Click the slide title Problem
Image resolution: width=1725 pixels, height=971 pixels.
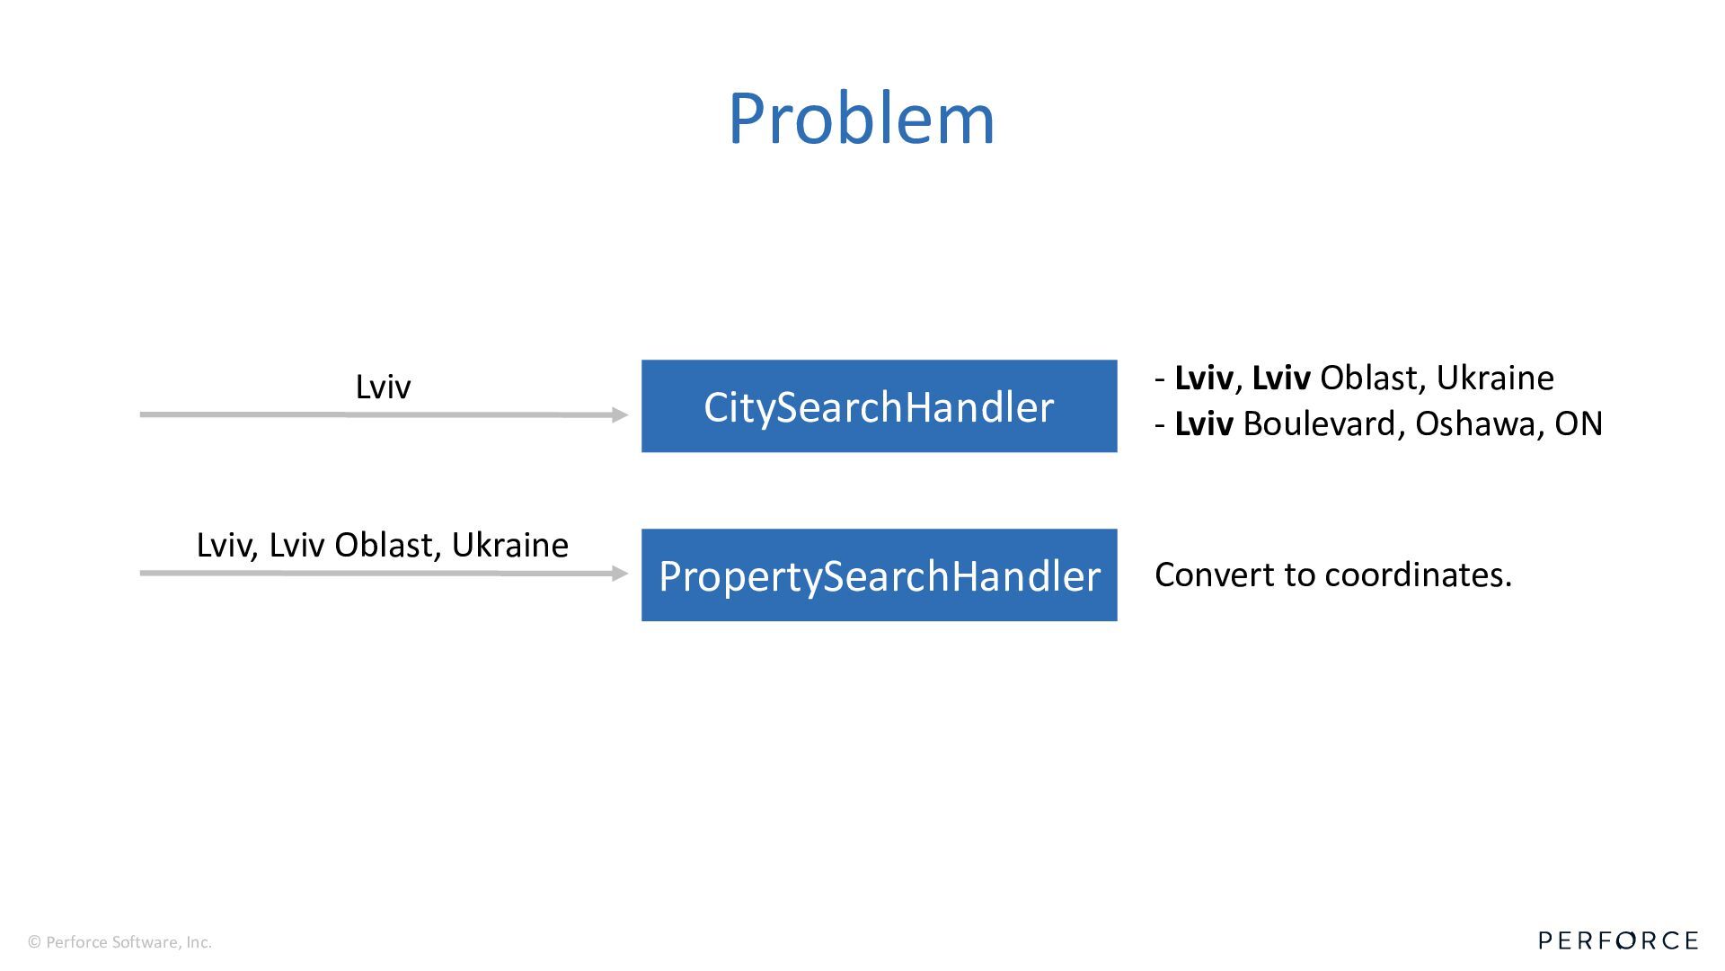pyautogui.click(x=861, y=119)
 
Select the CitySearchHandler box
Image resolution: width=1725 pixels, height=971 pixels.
pyautogui.click(x=879, y=406)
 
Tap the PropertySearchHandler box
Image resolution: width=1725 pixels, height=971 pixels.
pyautogui.click(x=879, y=575)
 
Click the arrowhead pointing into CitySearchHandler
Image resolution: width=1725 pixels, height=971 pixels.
pyautogui.click(x=619, y=414)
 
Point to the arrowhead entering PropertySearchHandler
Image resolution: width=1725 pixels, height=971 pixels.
pyautogui.click(x=619, y=573)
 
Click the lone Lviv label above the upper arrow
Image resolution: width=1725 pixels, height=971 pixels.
pyautogui.click(x=383, y=387)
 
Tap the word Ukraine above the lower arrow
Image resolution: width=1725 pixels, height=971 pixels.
pyautogui.click(x=509, y=545)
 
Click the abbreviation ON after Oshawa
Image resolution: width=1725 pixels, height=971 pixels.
pyautogui.click(x=1579, y=423)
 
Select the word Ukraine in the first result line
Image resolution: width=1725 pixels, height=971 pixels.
pyautogui.click(x=1495, y=378)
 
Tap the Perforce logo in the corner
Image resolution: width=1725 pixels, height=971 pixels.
pyautogui.click(x=1618, y=940)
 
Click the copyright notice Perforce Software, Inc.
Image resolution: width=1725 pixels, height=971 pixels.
pyautogui.click(x=128, y=942)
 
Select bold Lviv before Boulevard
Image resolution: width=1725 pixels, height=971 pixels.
pyautogui.click(x=1204, y=423)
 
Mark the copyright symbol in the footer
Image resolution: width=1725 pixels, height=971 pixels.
pyautogui.click(x=35, y=942)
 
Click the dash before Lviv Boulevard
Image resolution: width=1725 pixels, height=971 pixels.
pyautogui.click(x=1160, y=423)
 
